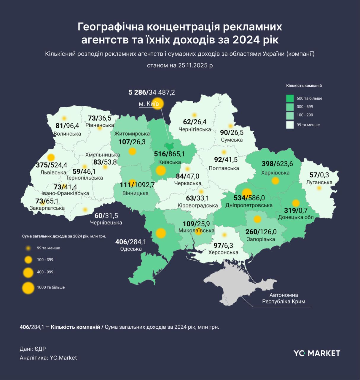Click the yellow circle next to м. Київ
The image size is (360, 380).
coord(157,103)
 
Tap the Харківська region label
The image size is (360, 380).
coord(275,173)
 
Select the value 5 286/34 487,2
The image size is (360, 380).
coord(152,92)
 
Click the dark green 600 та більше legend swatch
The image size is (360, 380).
coord(290,98)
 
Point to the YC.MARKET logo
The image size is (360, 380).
coord(317,353)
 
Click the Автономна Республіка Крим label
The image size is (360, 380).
coord(283,298)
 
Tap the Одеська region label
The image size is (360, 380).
coord(131,249)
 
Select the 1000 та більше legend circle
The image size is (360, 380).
coord(28,288)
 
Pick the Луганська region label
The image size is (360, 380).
coord(319,182)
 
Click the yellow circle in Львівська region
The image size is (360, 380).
coord(51,157)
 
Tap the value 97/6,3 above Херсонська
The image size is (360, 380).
coord(223,246)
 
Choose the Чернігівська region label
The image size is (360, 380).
coord(195,129)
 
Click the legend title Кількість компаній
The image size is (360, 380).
coord(304,86)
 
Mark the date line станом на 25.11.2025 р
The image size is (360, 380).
coord(180,65)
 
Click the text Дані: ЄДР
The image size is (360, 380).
coord(33,349)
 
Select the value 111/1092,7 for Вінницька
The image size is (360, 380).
coord(137,185)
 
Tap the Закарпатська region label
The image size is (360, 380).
coord(47,208)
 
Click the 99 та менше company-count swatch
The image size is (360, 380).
coord(290,125)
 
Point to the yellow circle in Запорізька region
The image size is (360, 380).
coord(257,219)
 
